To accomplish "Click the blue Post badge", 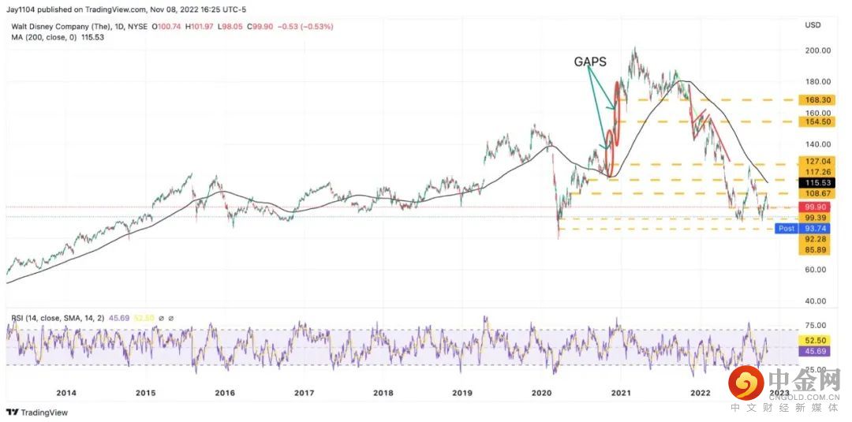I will (787, 228).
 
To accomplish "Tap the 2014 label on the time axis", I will (65, 392).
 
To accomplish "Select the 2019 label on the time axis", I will (462, 392).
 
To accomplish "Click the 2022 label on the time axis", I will (700, 392).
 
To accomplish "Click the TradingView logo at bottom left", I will (37, 412).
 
